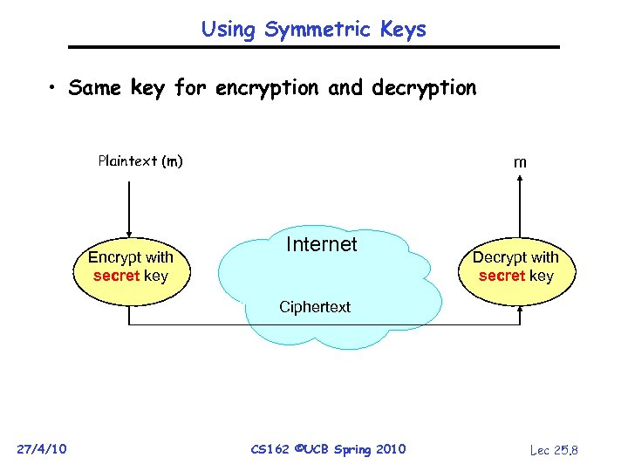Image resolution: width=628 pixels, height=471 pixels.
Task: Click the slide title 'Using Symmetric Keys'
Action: [314, 29]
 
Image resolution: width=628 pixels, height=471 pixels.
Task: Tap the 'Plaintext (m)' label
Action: [140, 160]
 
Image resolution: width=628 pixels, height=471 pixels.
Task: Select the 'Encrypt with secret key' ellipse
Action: [131, 267]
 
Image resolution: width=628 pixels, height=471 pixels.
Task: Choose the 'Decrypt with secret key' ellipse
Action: [515, 267]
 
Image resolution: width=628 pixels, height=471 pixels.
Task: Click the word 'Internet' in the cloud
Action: [322, 244]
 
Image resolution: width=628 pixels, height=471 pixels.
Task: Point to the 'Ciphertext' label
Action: [314, 307]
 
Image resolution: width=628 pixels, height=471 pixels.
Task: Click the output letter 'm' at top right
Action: [520, 162]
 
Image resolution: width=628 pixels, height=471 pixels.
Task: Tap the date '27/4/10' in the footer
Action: [42, 449]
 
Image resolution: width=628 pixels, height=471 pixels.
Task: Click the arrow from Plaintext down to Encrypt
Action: [129, 209]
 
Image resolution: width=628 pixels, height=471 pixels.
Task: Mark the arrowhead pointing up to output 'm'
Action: [520, 181]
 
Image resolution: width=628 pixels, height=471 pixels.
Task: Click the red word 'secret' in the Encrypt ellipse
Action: [117, 276]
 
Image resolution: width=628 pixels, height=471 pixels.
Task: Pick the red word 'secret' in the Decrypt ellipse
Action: [502, 276]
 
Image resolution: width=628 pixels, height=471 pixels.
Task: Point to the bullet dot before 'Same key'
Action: [53, 89]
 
